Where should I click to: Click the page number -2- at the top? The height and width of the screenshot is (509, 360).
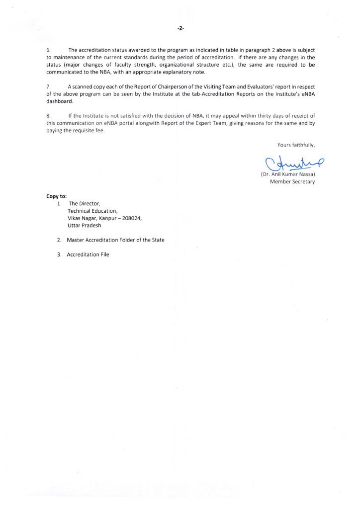(180, 29)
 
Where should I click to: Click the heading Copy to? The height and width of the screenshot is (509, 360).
(56, 196)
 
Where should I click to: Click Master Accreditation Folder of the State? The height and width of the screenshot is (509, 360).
(116, 240)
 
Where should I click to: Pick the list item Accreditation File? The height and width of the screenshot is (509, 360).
(88, 254)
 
